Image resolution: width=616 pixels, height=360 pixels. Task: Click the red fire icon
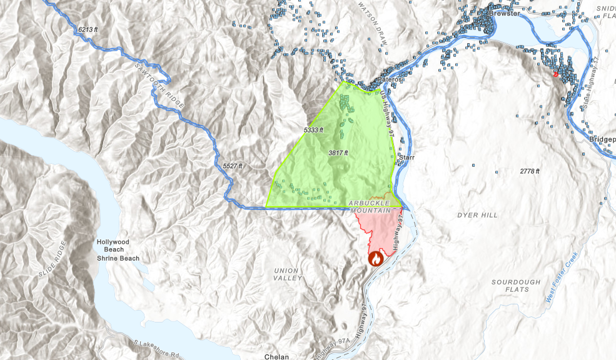376,257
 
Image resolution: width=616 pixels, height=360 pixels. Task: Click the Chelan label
275,356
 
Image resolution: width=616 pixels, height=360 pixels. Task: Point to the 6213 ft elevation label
89,29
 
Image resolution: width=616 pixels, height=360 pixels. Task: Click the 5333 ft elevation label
313,130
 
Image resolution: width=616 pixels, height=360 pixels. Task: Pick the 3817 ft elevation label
338,152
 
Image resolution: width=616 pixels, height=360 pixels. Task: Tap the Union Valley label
286,274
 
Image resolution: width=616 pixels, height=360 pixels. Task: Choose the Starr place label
406,157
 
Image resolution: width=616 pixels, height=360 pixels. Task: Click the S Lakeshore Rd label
154,347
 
